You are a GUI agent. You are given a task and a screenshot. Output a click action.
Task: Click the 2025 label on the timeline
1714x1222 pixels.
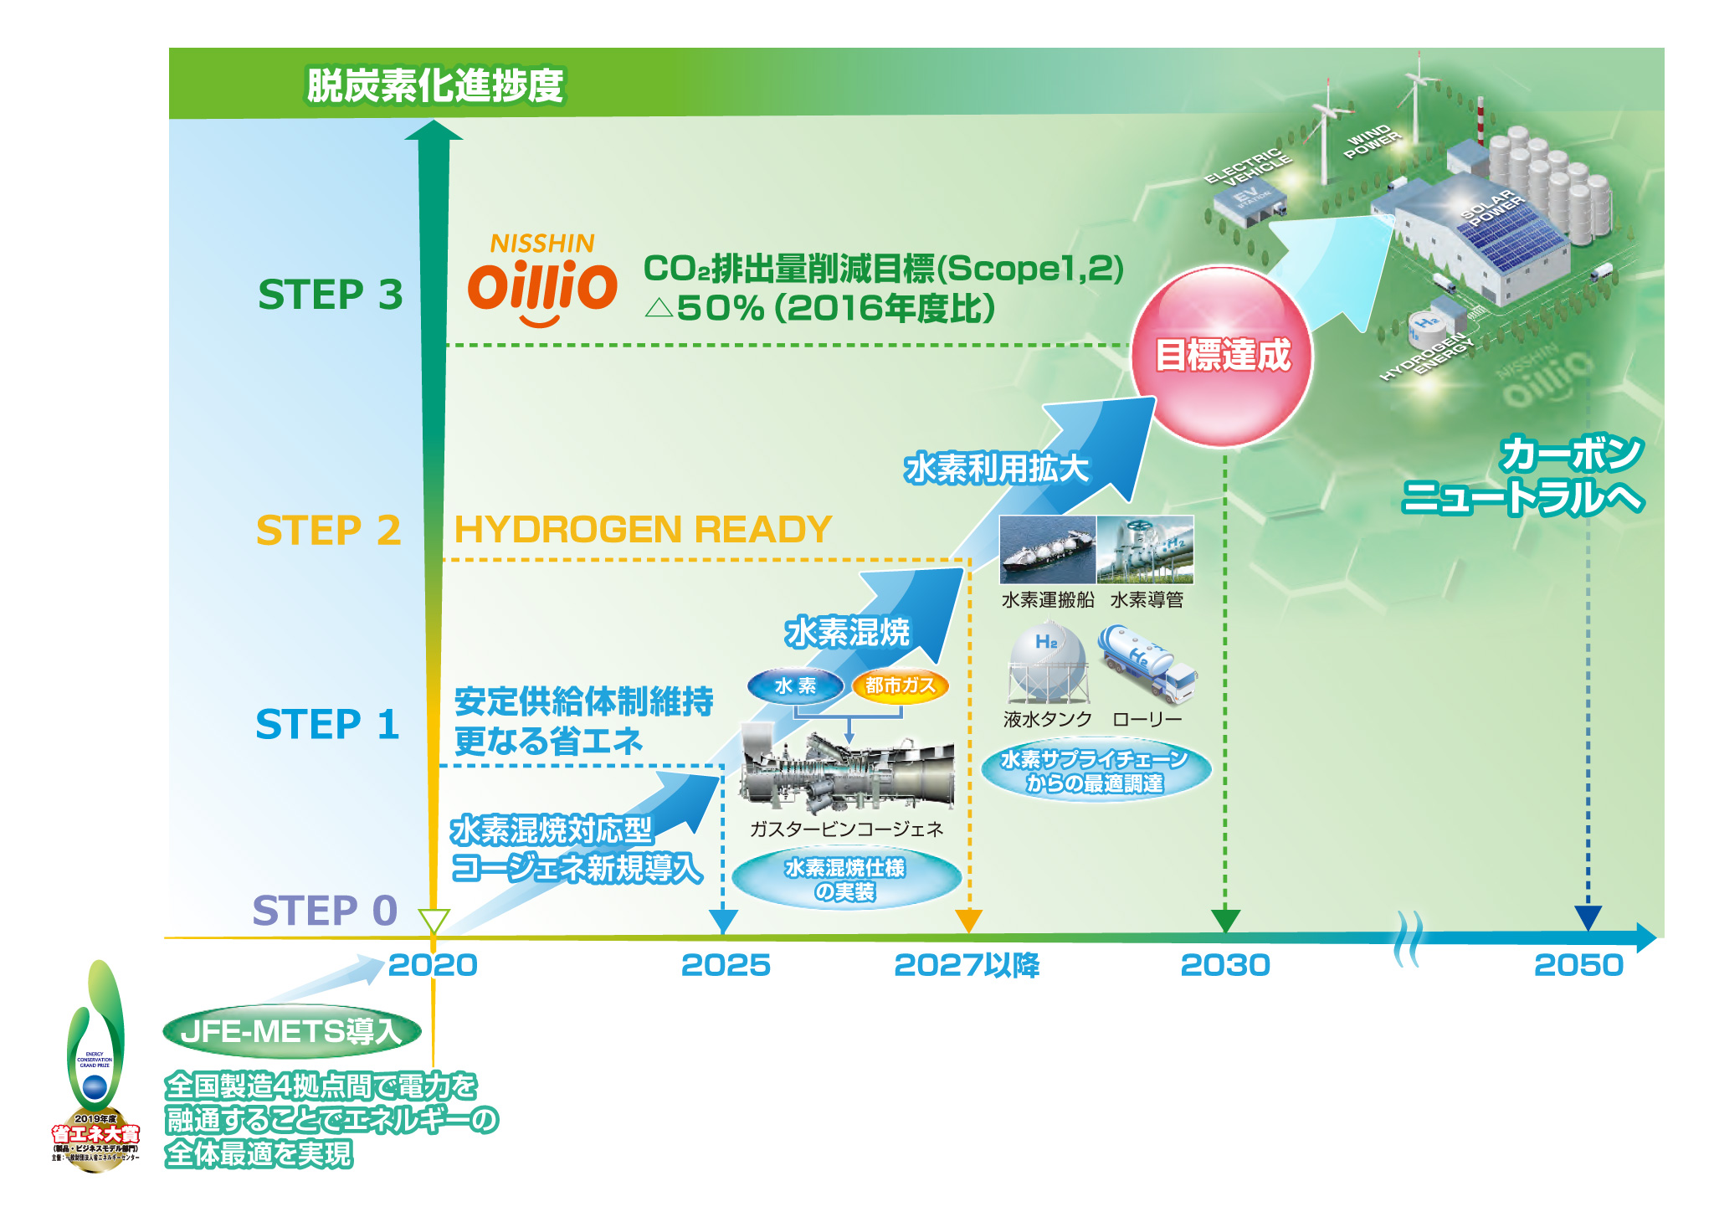click(725, 965)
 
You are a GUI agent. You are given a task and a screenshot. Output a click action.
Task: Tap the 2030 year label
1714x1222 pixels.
click(1224, 965)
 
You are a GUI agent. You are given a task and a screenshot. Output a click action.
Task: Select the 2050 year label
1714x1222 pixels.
click(1578, 965)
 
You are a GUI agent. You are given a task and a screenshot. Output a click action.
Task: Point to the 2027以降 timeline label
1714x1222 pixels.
click(966, 965)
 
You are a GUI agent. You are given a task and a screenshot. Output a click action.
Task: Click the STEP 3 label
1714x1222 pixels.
click(330, 295)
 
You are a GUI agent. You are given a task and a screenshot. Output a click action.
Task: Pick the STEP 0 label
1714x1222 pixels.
click(325, 910)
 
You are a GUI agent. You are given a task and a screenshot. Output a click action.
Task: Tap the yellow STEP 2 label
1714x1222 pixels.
click(328, 530)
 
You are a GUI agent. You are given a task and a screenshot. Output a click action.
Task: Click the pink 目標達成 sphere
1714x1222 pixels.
click(1222, 356)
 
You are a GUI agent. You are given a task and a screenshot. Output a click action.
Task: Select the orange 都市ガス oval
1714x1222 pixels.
click(900, 685)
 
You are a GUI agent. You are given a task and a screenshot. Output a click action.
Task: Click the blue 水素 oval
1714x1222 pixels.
click(795, 685)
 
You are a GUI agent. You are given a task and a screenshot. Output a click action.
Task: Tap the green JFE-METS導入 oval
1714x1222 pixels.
click(291, 1030)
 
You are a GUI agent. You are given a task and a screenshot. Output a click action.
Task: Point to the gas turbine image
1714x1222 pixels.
click(846, 773)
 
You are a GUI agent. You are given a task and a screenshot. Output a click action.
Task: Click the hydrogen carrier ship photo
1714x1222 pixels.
click(1047, 550)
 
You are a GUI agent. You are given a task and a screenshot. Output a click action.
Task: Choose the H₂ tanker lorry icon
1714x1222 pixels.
click(1147, 664)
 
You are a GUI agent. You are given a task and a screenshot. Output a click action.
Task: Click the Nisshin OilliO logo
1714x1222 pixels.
click(542, 280)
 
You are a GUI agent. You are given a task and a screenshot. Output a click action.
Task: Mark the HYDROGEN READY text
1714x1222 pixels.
click(642, 530)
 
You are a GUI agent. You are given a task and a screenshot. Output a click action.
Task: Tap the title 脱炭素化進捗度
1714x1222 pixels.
click(435, 85)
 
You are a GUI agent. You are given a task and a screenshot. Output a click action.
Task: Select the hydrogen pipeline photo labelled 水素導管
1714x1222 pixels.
click(1145, 550)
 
